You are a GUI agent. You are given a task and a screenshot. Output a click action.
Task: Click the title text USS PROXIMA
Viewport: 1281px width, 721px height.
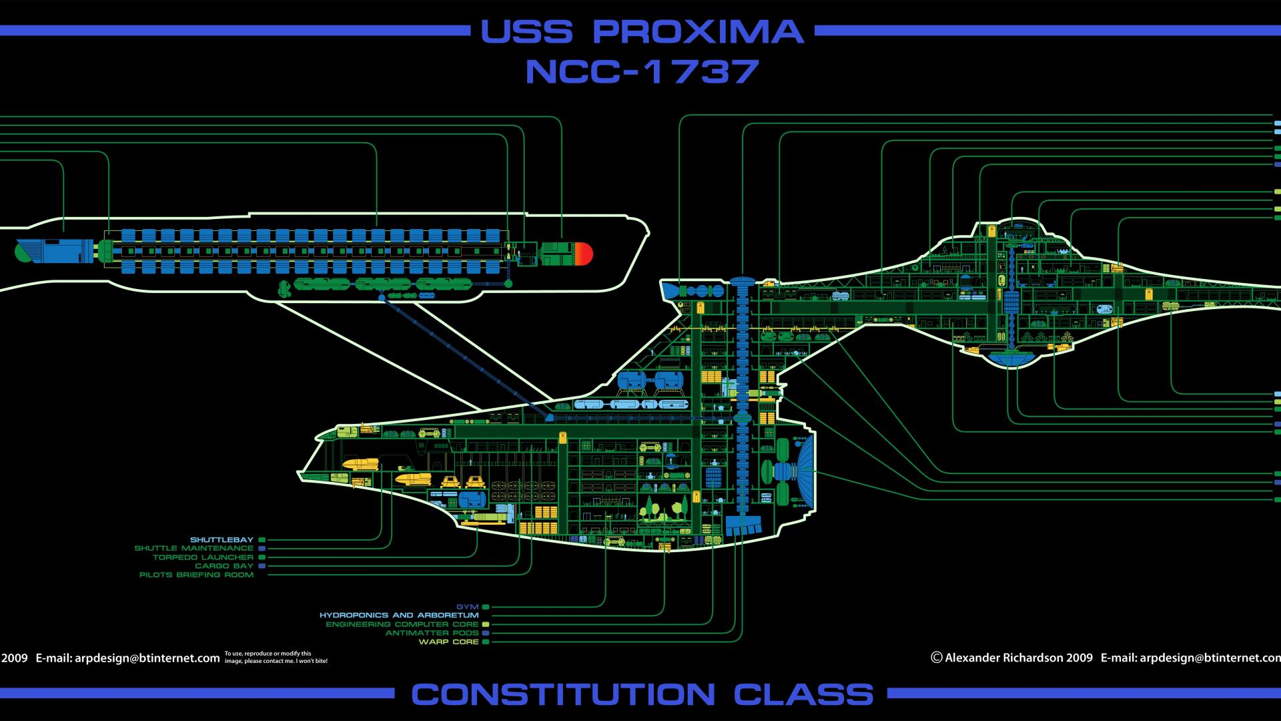click(x=642, y=31)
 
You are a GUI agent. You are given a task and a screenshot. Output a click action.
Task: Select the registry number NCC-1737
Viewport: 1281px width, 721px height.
click(x=642, y=71)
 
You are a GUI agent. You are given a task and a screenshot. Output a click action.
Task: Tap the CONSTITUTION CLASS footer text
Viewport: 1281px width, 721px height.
click(x=642, y=694)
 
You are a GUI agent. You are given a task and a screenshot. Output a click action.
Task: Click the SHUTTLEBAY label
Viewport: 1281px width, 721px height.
click(x=222, y=539)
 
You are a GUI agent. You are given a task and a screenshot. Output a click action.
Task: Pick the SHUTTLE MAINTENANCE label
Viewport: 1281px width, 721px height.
click(x=194, y=548)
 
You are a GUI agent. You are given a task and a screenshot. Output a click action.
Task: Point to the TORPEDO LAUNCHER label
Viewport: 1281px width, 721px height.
click(x=203, y=557)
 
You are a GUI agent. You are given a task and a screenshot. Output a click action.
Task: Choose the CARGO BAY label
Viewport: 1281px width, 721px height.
click(x=224, y=565)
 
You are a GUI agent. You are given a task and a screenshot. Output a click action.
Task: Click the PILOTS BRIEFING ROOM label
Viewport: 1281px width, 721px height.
click(x=197, y=574)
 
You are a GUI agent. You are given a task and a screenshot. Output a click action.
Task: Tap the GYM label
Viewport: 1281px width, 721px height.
click(x=468, y=607)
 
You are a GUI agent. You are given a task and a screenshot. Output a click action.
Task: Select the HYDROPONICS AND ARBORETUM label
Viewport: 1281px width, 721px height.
click(x=399, y=616)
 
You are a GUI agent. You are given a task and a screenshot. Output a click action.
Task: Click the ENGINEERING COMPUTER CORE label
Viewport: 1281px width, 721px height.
click(x=402, y=624)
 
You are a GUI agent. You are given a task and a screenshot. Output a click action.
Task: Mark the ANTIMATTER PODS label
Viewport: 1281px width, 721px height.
click(x=432, y=633)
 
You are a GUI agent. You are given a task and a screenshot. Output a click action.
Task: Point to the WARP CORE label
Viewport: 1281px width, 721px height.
click(x=449, y=642)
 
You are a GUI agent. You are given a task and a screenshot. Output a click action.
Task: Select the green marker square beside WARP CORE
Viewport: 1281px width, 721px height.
click(x=486, y=642)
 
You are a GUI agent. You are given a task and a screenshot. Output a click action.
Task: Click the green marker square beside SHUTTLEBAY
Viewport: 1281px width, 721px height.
click(x=262, y=539)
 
